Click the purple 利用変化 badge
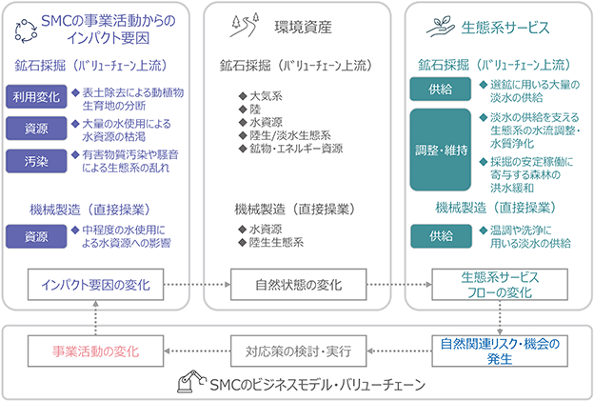coord(36,96)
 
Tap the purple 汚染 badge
coord(36,162)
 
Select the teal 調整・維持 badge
coord(440,150)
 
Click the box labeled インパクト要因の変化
coord(95,285)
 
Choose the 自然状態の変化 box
coord(299,285)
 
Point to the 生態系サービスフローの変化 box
coord(500,285)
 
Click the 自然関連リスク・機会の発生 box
coord(500,351)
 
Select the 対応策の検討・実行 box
coord(299,351)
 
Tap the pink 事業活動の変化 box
coord(95,351)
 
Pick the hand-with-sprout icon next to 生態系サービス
coord(440,27)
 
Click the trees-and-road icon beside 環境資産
coord(245,25)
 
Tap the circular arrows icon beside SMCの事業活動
coord(26,31)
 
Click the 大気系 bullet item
coord(261,96)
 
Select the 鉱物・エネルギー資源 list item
coord(291,149)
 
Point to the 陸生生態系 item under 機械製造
coord(271,242)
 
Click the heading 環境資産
coord(303,28)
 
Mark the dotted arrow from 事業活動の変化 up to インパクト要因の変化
coord(95,318)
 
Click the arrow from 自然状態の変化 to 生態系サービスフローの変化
coord(399,284)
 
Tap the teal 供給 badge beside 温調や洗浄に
coord(441,236)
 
